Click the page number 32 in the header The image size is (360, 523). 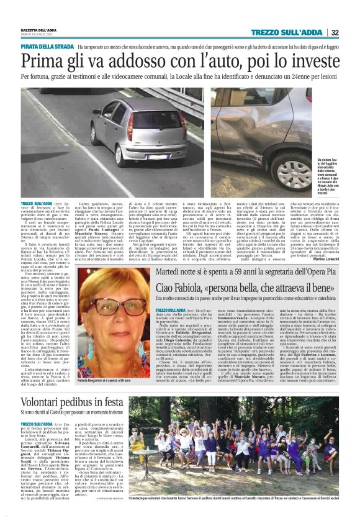(335, 32)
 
